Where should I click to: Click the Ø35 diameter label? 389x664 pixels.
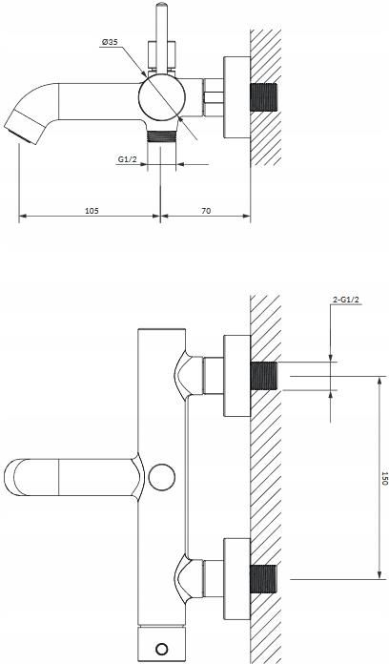tap(110, 42)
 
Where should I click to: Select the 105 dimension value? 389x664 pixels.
tap(92, 211)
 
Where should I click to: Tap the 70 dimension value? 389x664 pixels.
tap(206, 211)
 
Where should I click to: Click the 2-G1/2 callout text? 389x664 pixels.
tap(346, 300)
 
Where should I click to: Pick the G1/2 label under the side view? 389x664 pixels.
tap(127, 159)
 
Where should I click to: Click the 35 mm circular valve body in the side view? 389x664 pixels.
tap(162, 97)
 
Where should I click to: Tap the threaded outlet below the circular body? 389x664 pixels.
tap(161, 135)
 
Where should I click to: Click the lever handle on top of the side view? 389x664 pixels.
tap(161, 37)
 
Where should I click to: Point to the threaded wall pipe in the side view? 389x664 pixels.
tap(264, 97)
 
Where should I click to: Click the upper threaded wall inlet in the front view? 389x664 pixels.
tap(264, 376)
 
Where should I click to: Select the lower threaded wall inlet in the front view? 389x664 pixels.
tap(264, 579)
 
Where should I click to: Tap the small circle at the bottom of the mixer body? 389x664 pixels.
tap(162, 649)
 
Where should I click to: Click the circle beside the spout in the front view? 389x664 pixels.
tap(163, 477)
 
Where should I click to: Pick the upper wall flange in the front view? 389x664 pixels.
tap(236, 376)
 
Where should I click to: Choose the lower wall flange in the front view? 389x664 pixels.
tap(236, 579)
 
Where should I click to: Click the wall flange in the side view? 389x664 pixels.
tap(236, 97)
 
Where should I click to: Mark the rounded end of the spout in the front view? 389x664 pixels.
tap(9, 477)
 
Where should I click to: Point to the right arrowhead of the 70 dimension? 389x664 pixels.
tap(247, 216)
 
